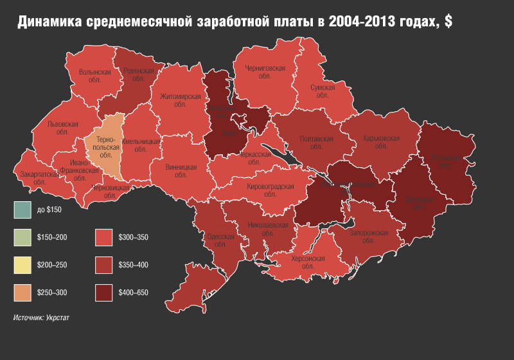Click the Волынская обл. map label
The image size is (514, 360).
(95, 76)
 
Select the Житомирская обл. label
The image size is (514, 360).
(181, 101)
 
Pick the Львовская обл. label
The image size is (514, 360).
(63, 128)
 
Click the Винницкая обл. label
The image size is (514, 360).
(181, 170)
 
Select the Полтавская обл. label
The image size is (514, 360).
(316, 143)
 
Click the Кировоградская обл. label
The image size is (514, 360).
(270, 190)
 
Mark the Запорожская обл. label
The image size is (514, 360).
(368, 237)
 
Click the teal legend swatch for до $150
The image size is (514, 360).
(22, 210)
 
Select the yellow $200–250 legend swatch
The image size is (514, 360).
(22, 265)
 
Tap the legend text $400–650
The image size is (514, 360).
(134, 292)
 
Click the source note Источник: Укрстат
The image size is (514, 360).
(42, 318)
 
